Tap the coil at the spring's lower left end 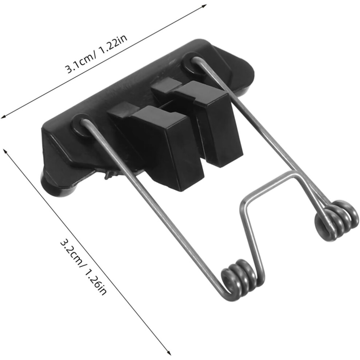(239, 278)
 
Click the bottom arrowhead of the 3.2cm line (169, 352)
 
